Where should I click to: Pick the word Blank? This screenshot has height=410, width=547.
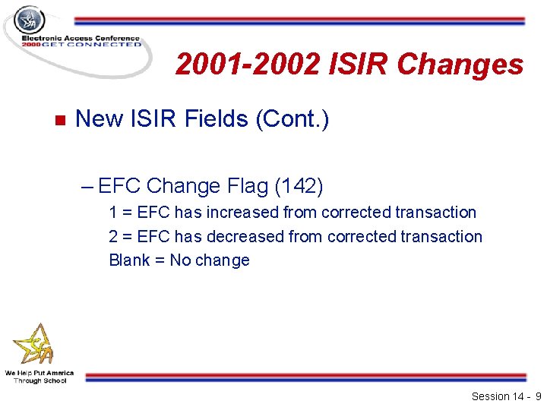pos(130,260)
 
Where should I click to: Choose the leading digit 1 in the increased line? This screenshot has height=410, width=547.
pos(113,213)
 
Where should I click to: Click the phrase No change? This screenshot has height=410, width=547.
pos(210,260)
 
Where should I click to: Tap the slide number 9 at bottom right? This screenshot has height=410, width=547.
pos(538,396)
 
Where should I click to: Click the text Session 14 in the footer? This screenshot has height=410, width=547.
pos(498,396)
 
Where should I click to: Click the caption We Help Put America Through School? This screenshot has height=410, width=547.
pos(40,377)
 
